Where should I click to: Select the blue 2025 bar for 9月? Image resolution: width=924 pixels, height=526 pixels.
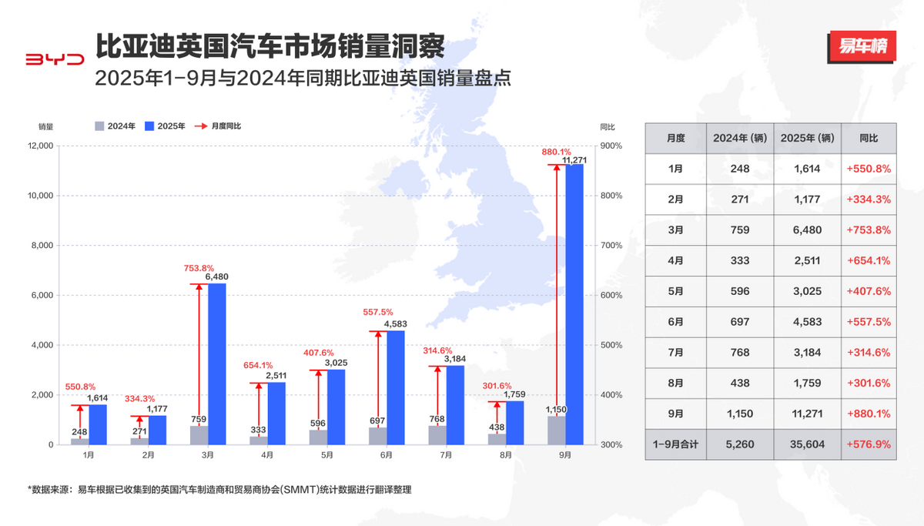(574, 304)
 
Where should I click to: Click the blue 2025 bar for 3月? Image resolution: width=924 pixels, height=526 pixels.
(217, 364)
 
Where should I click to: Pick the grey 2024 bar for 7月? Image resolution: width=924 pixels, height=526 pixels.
(437, 435)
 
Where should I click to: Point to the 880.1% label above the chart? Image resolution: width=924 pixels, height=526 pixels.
(556, 152)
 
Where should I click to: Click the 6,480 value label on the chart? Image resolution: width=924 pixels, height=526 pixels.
(216, 276)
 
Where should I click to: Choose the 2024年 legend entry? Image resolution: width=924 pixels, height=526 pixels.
(115, 126)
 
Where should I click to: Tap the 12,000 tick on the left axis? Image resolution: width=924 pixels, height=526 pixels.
(38, 146)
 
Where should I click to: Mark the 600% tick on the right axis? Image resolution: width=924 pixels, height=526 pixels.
(611, 296)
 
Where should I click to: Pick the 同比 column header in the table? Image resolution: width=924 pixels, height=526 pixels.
(869, 138)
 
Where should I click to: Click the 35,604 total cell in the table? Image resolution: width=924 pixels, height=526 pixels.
(806, 444)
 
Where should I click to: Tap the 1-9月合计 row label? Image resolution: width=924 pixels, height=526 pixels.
(675, 444)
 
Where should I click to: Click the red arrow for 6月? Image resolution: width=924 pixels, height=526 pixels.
(377, 380)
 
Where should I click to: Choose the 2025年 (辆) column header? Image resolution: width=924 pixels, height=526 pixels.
(806, 138)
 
